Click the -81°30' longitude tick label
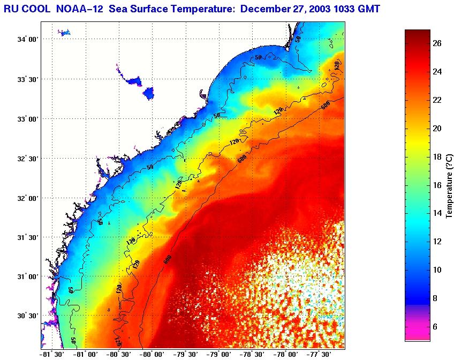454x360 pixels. pos(52,354)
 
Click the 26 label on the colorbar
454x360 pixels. pos(437,44)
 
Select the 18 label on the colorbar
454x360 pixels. pos(437,157)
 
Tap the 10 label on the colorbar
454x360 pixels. pos(437,269)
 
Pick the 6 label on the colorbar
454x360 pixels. pos(437,326)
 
